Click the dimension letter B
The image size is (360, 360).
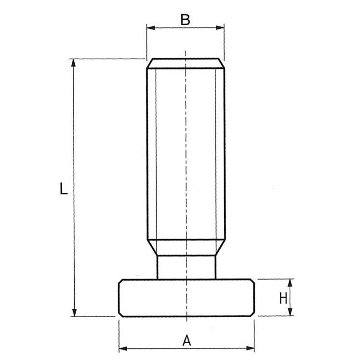pyautogui.click(x=186, y=20)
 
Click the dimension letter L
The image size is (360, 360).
pyautogui.click(x=63, y=188)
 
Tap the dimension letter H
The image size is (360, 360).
pyautogui.click(x=283, y=298)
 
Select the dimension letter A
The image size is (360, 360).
pyautogui.click(x=187, y=340)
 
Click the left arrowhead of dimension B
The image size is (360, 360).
pyautogui.click(x=150, y=27)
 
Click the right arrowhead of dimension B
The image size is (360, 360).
pyautogui.click(x=221, y=27)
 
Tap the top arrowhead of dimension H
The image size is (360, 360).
pyautogui.click(x=290, y=281)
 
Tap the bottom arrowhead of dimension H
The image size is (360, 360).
pyautogui.click(x=290, y=313)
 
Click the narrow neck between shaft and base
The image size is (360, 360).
pyautogui.click(x=187, y=267)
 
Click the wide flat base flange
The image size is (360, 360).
pyautogui.click(x=187, y=298)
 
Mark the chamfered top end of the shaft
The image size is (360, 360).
pyautogui.click(x=186, y=63)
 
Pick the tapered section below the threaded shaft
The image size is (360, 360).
pyautogui.click(x=187, y=247)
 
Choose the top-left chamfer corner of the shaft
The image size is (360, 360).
pyautogui.click(x=149, y=63)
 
